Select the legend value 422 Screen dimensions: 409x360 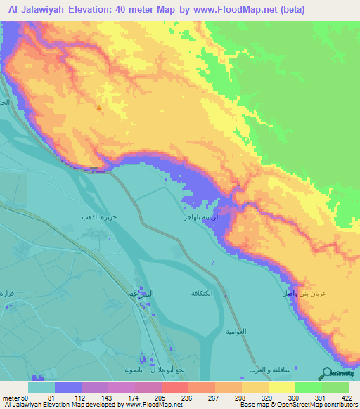(x=349, y=397)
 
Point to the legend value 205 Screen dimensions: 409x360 (x=161, y=397)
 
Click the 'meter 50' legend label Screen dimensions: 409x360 (x=15, y=397)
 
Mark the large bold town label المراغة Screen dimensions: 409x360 (x=143, y=292)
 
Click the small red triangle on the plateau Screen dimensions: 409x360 (x=98, y=108)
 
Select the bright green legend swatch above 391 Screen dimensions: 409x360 (x=308, y=387)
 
